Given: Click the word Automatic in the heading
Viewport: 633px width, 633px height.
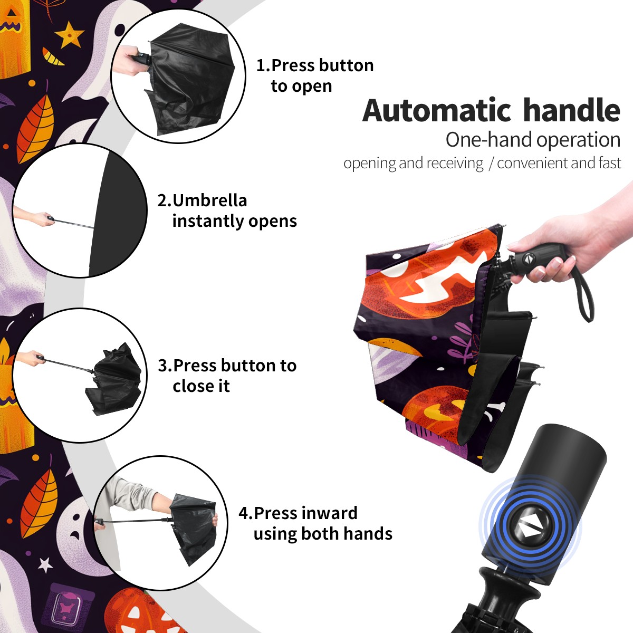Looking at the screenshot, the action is pyautogui.click(x=437, y=110).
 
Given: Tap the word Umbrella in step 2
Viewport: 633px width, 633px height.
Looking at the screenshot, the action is pyautogui.click(x=209, y=200).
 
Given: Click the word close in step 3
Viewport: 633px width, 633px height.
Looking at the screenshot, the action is pyautogui.click(x=201, y=386).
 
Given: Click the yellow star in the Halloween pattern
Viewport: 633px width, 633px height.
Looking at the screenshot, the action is pyautogui.click(x=69, y=34).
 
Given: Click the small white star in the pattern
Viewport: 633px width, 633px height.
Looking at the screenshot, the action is pyautogui.click(x=45, y=564).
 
